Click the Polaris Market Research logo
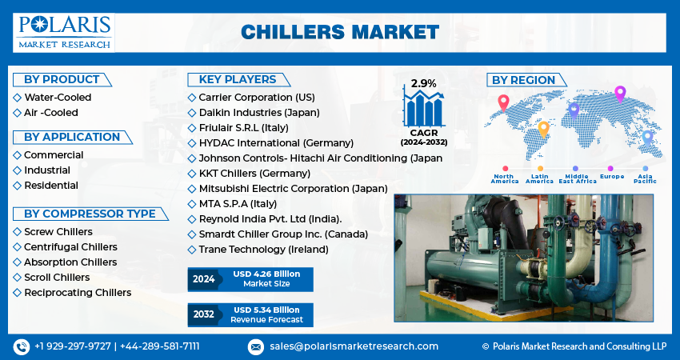click(64, 33)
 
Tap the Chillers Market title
click(340, 33)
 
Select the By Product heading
click(62, 80)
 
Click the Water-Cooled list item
click(58, 97)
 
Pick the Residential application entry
click(51, 186)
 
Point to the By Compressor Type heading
click(90, 214)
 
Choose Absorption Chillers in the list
click(70, 262)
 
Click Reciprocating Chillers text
click(78, 292)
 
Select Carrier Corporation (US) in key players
click(257, 97)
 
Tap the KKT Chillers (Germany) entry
click(254, 174)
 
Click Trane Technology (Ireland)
click(264, 250)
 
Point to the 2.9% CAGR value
click(424, 83)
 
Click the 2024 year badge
click(204, 279)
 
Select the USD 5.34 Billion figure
click(266, 310)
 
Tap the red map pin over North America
click(503, 102)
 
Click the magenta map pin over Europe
click(620, 94)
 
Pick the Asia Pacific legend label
click(645, 178)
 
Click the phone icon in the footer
click(22, 346)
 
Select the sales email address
click(354, 346)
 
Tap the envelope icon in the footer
click(255, 346)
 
